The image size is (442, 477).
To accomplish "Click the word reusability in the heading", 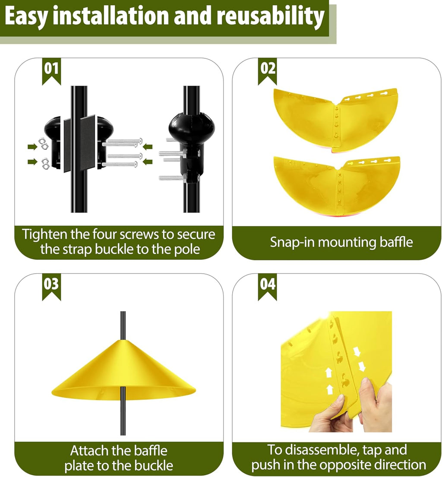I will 270,16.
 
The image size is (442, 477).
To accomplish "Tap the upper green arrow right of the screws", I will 148,147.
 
